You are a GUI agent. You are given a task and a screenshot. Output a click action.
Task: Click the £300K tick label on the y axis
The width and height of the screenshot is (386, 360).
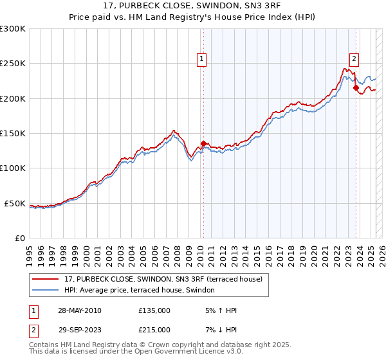click(x=13, y=29)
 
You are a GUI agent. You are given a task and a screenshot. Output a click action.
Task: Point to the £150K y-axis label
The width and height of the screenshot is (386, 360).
click(x=13, y=134)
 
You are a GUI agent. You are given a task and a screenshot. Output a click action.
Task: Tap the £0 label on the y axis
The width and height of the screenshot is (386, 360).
click(x=20, y=239)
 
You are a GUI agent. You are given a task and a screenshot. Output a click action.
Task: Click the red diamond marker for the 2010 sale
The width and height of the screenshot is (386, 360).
click(x=203, y=144)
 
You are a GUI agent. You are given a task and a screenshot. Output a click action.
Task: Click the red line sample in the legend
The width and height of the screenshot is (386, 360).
click(x=46, y=280)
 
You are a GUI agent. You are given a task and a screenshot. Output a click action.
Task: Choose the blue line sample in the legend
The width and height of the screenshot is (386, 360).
click(x=46, y=291)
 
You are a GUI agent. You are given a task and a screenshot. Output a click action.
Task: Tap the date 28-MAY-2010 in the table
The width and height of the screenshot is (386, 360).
click(x=78, y=310)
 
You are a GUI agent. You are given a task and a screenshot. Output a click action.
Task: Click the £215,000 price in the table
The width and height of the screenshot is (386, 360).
click(x=154, y=330)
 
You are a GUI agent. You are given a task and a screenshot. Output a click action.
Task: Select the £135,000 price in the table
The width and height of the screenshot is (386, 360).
click(x=154, y=310)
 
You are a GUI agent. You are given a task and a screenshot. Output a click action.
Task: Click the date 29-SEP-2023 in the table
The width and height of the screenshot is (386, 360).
click(x=78, y=330)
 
